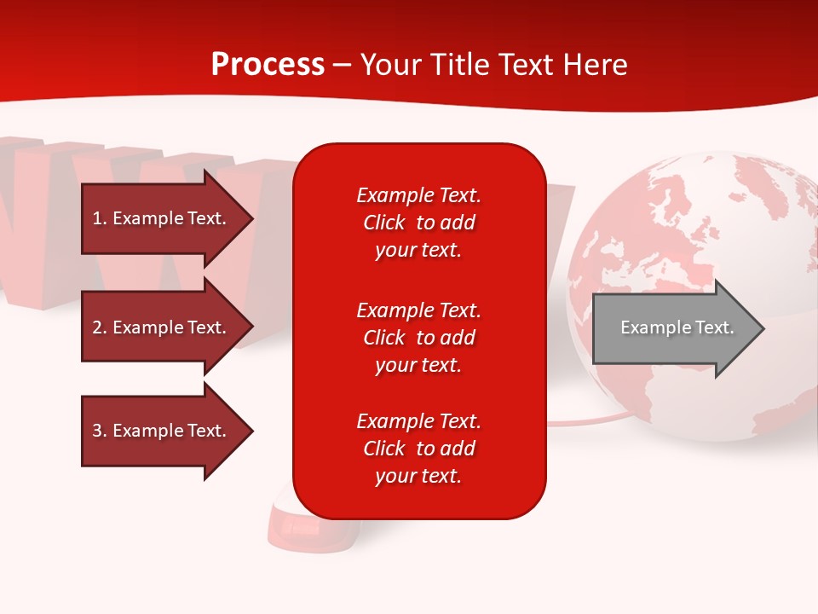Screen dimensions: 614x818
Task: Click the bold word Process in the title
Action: pyautogui.click(x=268, y=65)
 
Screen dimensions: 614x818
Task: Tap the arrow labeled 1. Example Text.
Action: pyautogui.click(x=162, y=218)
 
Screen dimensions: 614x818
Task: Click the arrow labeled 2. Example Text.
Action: pyautogui.click(x=162, y=327)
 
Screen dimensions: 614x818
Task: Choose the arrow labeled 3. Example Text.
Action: pyautogui.click(x=162, y=431)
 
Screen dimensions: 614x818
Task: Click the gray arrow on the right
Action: pyautogui.click(x=673, y=328)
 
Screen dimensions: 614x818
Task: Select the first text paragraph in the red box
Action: pyautogui.click(x=418, y=223)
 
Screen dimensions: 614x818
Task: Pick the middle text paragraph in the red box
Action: pyautogui.click(x=418, y=338)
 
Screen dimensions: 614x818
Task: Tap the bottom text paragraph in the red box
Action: pyautogui.click(x=418, y=449)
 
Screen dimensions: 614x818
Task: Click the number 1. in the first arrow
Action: pyautogui.click(x=100, y=218)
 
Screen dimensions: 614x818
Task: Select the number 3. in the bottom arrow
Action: pyautogui.click(x=100, y=431)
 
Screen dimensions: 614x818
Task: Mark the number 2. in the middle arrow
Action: pyautogui.click(x=100, y=327)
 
